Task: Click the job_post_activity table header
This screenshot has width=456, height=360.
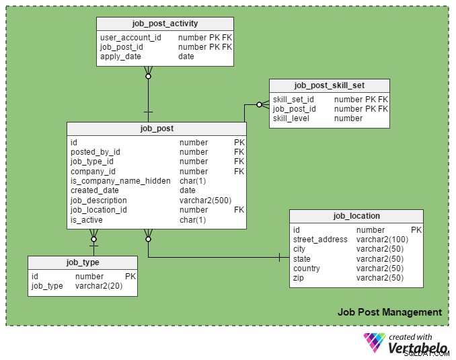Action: click(165, 24)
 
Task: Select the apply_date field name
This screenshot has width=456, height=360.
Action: click(120, 57)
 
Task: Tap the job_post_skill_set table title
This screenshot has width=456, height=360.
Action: click(329, 85)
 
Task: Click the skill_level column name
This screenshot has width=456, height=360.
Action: click(291, 118)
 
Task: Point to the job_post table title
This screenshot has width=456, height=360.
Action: click(157, 129)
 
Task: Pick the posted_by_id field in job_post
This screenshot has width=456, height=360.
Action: click(95, 152)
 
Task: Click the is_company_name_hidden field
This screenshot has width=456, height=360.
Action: click(120, 181)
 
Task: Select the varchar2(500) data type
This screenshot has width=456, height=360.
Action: click(205, 201)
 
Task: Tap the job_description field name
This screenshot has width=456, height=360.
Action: click(99, 201)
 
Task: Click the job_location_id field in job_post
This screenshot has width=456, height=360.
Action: click(99, 210)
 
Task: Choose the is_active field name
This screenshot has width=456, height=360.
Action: click(86, 220)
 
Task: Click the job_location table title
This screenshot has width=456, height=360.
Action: click(356, 216)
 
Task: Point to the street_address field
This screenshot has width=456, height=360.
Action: click(320, 240)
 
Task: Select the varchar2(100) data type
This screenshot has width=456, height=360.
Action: click(382, 240)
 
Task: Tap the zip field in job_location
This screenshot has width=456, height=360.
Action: click(299, 278)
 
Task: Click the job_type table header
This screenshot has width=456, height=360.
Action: click(83, 262)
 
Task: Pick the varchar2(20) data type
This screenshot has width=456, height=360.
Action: click(99, 286)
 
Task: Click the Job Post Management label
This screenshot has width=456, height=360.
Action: click(389, 312)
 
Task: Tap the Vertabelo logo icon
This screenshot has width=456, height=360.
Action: click(374, 343)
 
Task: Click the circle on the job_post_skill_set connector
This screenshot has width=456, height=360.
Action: click(259, 104)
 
